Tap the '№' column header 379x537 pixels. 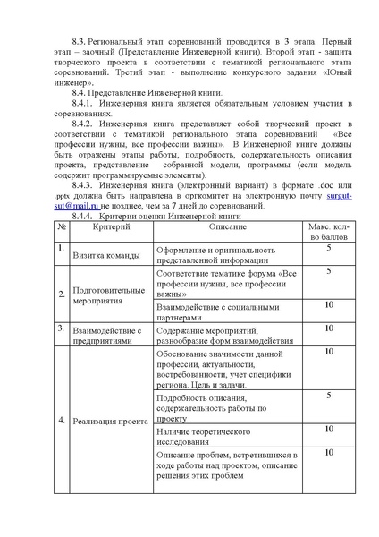tap(62, 230)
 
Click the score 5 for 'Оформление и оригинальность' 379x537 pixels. tap(329, 248)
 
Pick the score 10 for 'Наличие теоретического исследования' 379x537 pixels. tap(329, 430)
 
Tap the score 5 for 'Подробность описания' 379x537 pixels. tap(329, 395)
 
